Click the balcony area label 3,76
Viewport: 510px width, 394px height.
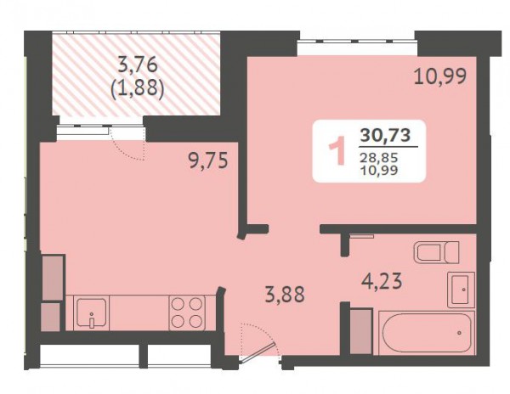138,65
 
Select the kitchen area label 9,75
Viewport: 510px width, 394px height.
208,160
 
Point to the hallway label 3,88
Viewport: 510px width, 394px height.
286,294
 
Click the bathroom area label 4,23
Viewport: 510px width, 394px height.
382,281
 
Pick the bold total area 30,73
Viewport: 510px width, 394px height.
385,135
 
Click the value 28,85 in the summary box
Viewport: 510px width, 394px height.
379,158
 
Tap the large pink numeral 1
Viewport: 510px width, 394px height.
337,150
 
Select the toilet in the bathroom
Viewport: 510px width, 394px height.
437,251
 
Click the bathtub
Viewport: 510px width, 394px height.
427,333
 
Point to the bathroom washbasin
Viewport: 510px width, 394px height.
461,290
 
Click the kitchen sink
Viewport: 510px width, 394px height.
92,312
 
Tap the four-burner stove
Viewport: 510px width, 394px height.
187,312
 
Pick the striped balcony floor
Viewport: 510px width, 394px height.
137,75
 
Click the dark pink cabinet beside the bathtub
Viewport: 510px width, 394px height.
360,331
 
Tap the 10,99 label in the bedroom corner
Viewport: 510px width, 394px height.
440,77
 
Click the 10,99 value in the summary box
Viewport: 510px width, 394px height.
379,170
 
